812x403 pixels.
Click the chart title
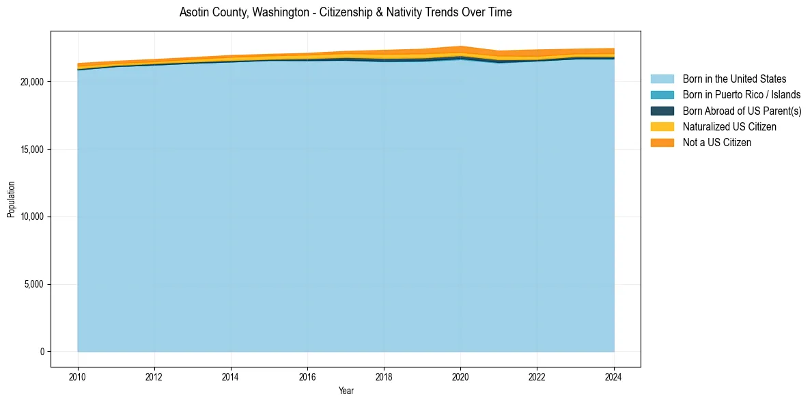coord(346,12)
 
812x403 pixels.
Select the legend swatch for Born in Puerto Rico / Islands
coord(662,95)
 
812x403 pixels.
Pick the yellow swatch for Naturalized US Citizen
coord(662,126)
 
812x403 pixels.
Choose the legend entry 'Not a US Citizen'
coord(716,142)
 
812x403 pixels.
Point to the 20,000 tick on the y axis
coord(31,82)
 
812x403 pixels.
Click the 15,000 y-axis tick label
coord(31,150)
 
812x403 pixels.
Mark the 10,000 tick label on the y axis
coord(31,217)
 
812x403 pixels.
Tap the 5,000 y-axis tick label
coord(33,284)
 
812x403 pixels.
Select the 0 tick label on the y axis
coord(41,352)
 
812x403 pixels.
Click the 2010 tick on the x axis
coord(78,376)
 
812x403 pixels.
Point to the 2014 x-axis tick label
coord(231,376)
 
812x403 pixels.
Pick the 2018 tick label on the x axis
coord(384,376)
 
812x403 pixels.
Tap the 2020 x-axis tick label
coord(460,376)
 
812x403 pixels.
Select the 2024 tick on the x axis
coord(614,376)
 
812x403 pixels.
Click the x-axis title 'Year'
coord(346,391)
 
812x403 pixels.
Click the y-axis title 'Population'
coord(11,199)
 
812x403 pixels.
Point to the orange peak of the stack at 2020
coord(460,47)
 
